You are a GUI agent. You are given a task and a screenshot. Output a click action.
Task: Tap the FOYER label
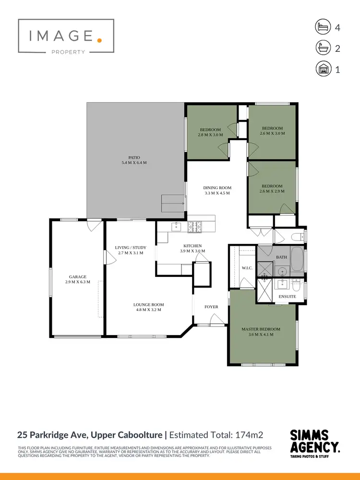point(211,307)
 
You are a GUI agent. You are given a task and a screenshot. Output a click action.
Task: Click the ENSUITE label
point(288,297)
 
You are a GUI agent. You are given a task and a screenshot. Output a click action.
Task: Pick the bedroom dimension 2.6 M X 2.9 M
point(272,191)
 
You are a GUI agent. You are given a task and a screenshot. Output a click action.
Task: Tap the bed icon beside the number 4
point(324,27)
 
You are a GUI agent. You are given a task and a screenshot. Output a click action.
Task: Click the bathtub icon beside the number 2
point(324,48)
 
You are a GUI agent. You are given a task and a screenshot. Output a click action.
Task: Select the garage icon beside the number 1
point(324,69)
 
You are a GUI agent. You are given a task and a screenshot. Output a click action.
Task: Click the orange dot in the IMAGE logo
point(99,40)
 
